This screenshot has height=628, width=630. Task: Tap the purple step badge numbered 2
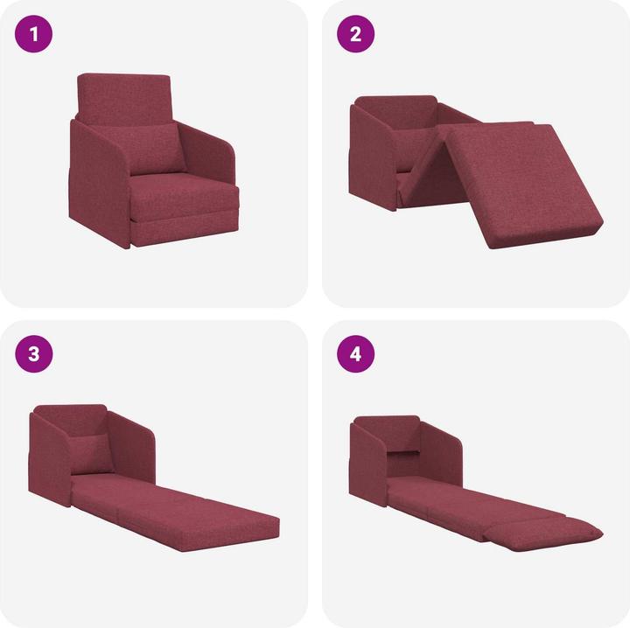point(356,36)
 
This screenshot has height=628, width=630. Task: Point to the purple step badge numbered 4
point(356,353)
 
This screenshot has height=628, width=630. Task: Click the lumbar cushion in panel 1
point(158,150)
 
